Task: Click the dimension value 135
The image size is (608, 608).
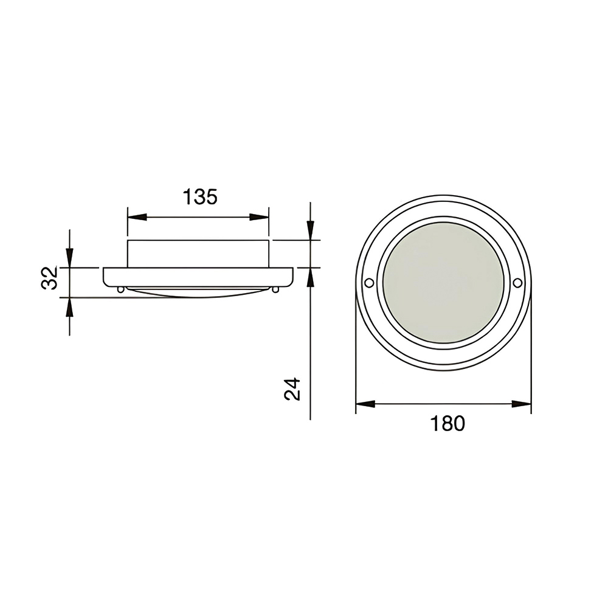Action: pyautogui.click(x=199, y=196)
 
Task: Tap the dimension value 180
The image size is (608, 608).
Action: pyautogui.click(x=447, y=423)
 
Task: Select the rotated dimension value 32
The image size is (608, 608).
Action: pyautogui.click(x=50, y=278)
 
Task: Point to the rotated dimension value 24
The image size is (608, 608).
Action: pyautogui.click(x=292, y=389)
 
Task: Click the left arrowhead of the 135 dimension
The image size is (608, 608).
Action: pyautogui.click(x=137, y=217)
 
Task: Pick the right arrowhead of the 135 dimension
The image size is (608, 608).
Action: pyautogui.click(x=259, y=217)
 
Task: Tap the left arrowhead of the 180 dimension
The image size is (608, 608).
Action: pyautogui.click(x=365, y=404)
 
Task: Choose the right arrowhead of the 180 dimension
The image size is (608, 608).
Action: pyautogui.click(x=522, y=404)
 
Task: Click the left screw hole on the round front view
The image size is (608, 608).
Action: pyautogui.click(x=369, y=283)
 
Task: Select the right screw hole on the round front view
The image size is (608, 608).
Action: pyautogui.click(x=517, y=283)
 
